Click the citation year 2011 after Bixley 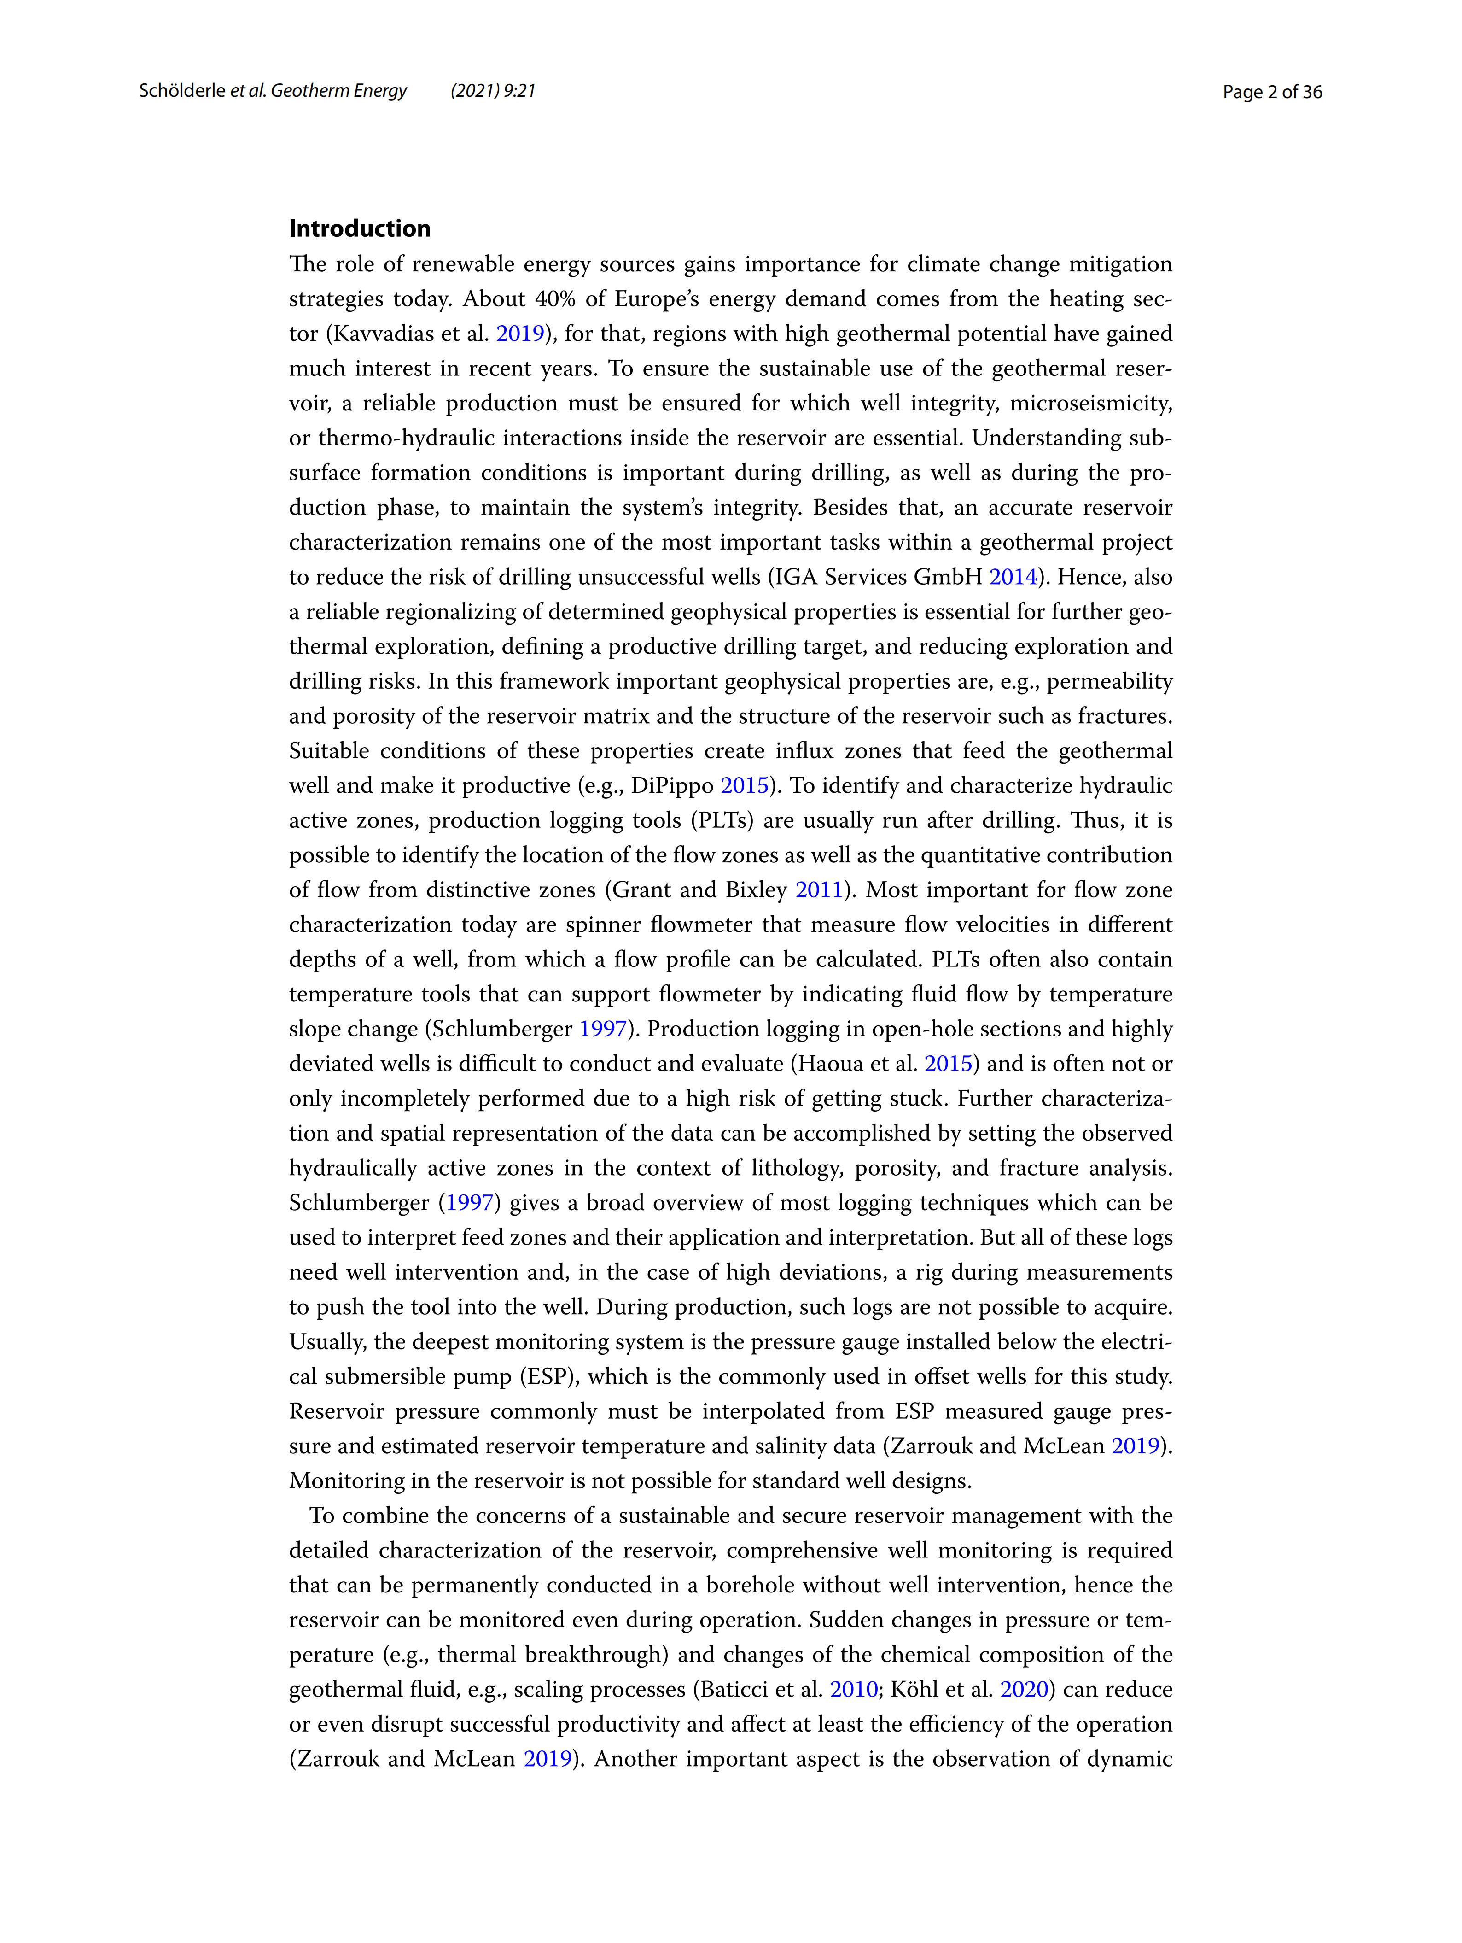coord(818,890)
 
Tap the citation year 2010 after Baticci coord(854,1689)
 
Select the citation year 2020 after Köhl coord(1024,1689)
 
